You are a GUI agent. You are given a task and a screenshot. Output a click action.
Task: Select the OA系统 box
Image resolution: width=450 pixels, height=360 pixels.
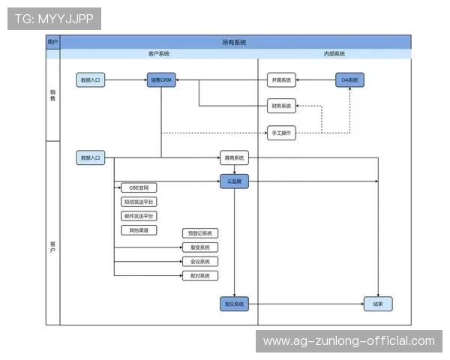click(349, 79)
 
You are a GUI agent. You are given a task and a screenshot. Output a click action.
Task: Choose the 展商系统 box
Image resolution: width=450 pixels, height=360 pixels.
click(234, 158)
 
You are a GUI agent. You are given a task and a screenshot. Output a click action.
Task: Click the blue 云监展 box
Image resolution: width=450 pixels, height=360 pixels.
click(234, 181)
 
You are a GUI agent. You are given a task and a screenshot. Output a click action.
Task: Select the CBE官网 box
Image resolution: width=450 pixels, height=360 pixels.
click(138, 187)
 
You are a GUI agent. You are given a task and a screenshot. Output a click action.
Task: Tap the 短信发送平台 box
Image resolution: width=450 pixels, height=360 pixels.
click(138, 202)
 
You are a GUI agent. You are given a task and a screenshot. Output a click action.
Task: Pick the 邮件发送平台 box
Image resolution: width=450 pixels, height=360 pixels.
click(138, 216)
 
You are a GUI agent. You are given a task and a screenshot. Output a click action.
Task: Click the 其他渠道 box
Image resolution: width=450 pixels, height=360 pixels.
click(138, 230)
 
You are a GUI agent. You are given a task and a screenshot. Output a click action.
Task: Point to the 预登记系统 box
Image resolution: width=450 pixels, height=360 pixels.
click(199, 233)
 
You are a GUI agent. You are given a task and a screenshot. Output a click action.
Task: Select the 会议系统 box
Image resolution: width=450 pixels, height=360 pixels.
click(199, 262)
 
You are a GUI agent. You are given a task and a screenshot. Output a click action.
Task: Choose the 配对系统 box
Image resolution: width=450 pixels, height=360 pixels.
click(199, 276)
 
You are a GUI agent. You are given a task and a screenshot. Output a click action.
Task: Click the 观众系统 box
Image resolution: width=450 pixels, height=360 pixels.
click(234, 304)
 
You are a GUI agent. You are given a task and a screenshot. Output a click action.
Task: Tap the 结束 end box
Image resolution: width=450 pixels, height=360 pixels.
click(377, 304)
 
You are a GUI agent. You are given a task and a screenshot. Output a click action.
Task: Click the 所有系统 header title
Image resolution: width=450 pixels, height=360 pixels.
click(234, 43)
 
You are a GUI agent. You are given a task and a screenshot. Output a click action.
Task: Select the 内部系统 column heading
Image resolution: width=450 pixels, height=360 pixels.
click(334, 54)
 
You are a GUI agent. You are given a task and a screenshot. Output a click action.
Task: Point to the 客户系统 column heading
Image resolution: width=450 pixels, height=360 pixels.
click(158, 54)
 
